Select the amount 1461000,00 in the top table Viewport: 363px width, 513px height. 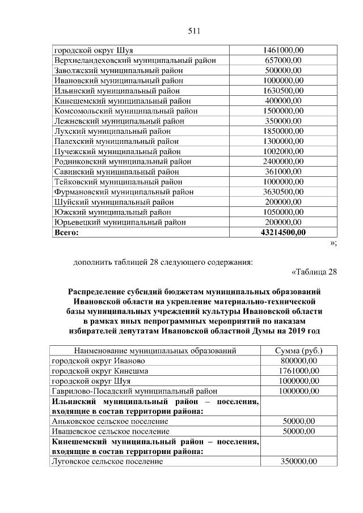tap(284, 50)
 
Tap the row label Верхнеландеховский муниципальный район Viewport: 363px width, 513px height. tap(134, 60)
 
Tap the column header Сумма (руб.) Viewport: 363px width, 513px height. tap(299, 351)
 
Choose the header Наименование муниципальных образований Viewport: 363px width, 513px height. tap(155, 351)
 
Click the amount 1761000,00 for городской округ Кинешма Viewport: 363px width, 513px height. tap(299, 371)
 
